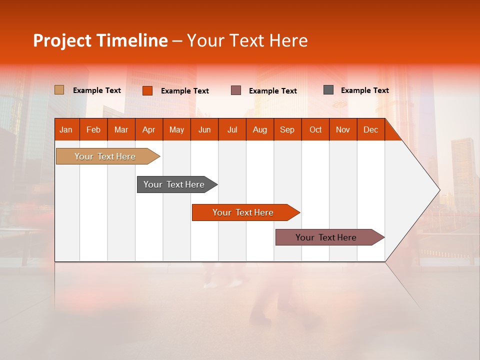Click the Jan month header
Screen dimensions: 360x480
(66, 129)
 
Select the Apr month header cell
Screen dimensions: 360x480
(149, 129)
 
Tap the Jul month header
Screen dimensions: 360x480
(232, 129)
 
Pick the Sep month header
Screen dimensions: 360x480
(287, 129)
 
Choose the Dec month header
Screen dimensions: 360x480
(370, 129)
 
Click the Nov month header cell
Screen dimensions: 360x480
(343, 129)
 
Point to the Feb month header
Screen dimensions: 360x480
(93, 129)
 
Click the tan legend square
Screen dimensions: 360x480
(59, 90)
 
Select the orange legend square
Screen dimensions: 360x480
(147, 90)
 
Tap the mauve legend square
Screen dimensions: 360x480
(236, 90)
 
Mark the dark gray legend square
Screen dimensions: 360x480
(328, 90)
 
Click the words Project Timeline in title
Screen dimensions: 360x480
(100, 40)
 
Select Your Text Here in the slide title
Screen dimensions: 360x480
(247, 40)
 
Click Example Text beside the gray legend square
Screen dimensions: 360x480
(364, 90)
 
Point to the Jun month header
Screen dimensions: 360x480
(204, 129)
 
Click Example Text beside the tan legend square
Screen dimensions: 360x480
(97, 90)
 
